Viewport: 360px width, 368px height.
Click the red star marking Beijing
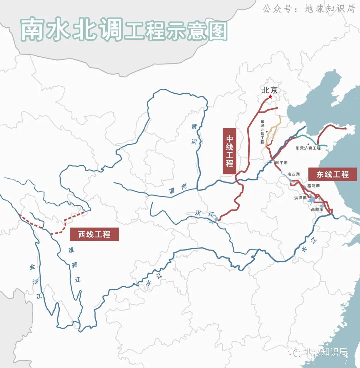(x=270, y=97)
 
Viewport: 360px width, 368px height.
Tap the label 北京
(x=270, y=90)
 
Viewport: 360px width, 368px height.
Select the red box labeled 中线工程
(x=229, y=151)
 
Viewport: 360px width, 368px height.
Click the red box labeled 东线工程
(x=332, y=174)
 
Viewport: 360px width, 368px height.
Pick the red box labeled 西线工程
(x=94, y=234)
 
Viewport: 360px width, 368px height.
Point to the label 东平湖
(x=281, y=163)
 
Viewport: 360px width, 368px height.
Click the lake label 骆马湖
(x=313, y=186)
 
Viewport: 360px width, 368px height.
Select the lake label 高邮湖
(x=317, y=210)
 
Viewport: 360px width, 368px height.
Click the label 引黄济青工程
(x=308, y=148)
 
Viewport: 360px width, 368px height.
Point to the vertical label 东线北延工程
(x=262, y=132)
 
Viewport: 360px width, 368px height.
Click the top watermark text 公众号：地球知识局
(x=308, y=9)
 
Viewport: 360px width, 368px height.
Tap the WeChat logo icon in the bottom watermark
(x=295, y=351)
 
